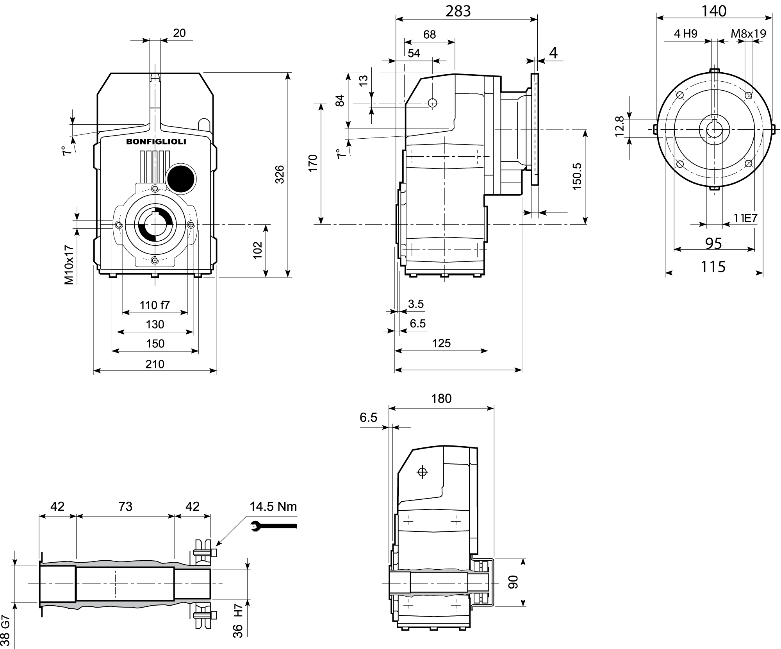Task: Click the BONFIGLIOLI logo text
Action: (x=156, y=142)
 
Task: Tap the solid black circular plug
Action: (x=180, y=178)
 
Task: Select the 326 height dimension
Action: (x=280, y=175)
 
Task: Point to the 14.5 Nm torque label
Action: (x=273, y=507)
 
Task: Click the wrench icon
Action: (x=273, y=526)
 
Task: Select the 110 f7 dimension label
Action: (x=155, y=305)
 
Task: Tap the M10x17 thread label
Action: (x=69, y=265)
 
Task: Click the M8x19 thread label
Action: (x=748, y=34)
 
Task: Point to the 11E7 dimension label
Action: (x=745, y=218)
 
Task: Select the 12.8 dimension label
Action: (x=620, y=126)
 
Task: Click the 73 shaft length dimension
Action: (x=125, y=506)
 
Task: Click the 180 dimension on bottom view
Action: (x=441, y=399)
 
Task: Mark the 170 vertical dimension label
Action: (x=313, y=163)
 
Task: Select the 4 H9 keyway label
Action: (x=685, y=34)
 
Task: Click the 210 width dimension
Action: (x=155, y=364)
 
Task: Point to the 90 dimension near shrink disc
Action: (x=513, y=582)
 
